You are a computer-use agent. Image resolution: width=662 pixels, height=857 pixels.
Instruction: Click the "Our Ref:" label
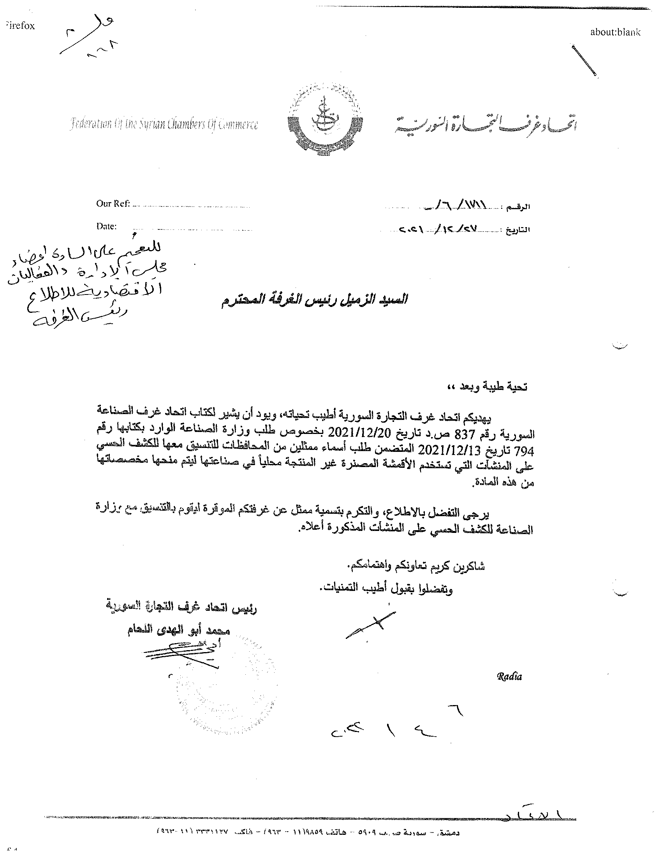(x=113, y=204)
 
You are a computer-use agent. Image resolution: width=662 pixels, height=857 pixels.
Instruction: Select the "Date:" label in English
(x=106, y=226)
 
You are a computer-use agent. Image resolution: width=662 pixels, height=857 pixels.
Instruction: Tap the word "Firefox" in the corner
(x=20, y=26)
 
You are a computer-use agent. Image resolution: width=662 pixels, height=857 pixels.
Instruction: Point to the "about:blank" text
(x=615, y=33)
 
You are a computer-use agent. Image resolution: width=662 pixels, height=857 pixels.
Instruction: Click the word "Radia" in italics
(x=509, y=677)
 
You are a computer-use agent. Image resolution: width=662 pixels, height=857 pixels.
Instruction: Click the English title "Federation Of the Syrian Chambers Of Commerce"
(x=164, y=125)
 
